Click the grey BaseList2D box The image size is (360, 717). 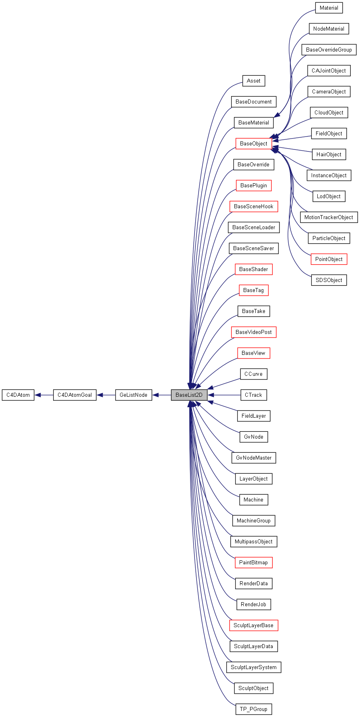pyautogui.click(x=189, y=395)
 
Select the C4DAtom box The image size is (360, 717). pyautogui.click(x=18, y=395)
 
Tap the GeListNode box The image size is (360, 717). pyautogui.click(x=134, y=395)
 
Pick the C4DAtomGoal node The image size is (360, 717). pyautogui.click(x=75, y=395)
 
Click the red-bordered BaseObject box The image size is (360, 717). pyautogui.click(x=254, y=143)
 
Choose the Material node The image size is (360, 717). pyautogui.click(x=329, y=8)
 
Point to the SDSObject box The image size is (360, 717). pyautogui.click(x=329, y=280)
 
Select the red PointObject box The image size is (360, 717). pyautogui.click(x=329, y=259)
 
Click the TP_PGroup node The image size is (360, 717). pyautogui.click(x=253, y=709)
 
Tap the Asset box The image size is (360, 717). pyautogui.click(x=253, y=81)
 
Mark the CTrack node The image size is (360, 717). pyautogui.click(x=253, y=395)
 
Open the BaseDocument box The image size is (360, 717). pyautogui.click(x=253, y=102)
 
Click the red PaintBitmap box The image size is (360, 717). pyautogui.click(x=253, y=562)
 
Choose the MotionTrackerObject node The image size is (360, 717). pyautogui.click(x=329, y=217)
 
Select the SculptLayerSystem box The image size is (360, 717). pyautogui.click(x=253, y=667)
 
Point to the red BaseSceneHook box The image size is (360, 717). pyautogui.click(x=253, y=206)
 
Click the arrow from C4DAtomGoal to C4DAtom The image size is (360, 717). pyautogui.click(x=44, y=395)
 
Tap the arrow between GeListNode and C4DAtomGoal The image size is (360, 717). pyautogui.click(x=106, y=395)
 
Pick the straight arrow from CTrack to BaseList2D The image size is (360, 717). pyautogui.click(x=224, y=395)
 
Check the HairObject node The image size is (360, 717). pyautogui.click(x=329, y=154)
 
